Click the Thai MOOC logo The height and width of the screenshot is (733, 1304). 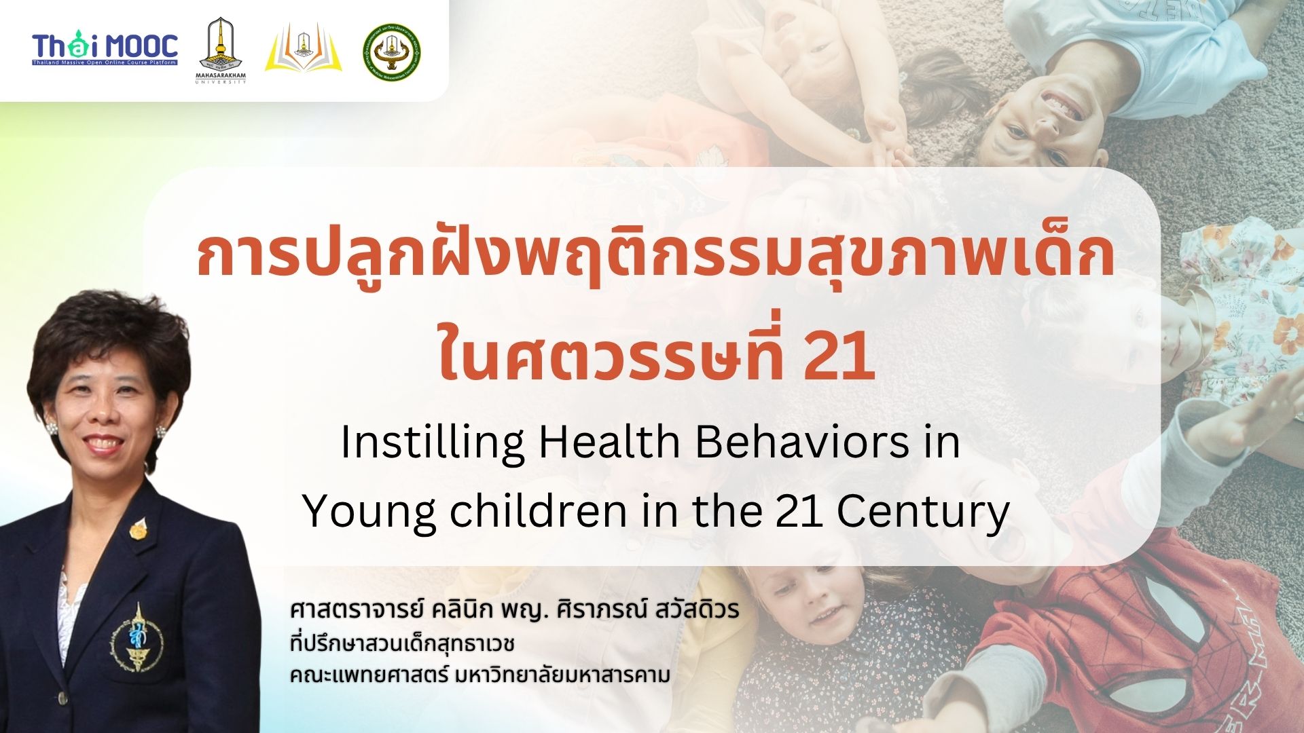[105, 48]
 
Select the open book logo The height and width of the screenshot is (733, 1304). [303, 49]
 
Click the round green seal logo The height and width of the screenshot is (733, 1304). [391, 52]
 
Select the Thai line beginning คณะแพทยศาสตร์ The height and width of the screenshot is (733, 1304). [479, 675]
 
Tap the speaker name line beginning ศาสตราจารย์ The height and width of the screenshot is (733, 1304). [514, 609]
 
